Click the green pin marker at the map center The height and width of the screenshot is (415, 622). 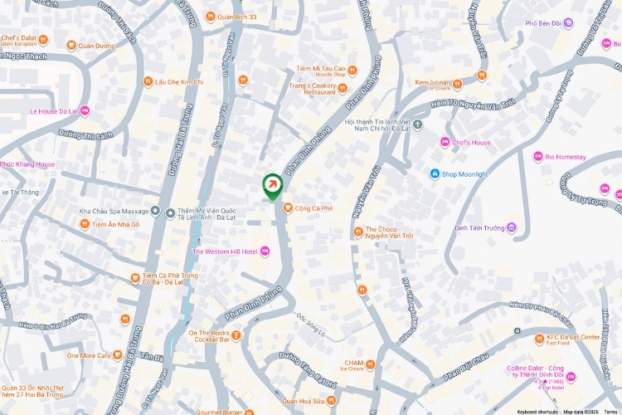pyautogui.click(x=271, y=185)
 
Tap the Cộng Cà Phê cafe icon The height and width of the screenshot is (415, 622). pyautogui.click(x=288, y=207)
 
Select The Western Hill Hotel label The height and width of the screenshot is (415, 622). pyautogui.click(x=225, y=251)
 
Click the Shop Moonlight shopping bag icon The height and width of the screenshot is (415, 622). pyautogui.click(x=435, y=173)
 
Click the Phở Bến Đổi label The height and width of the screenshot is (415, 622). pyautogui.click(x=548, y=23)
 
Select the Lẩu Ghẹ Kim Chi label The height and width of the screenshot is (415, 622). pyautogui.click(x=179, y=82)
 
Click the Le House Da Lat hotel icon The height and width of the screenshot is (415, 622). pyautogui.click(x=85, y=110)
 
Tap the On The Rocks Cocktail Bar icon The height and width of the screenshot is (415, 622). pyautogui.click(x=236, y=336)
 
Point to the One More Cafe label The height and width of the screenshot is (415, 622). pyautogui.click(x=88, y=355)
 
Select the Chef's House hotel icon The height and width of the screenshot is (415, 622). pyautogui.click(x=445, y=142)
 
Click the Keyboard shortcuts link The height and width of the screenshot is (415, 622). pyautogui.click(x=537, y=412)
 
